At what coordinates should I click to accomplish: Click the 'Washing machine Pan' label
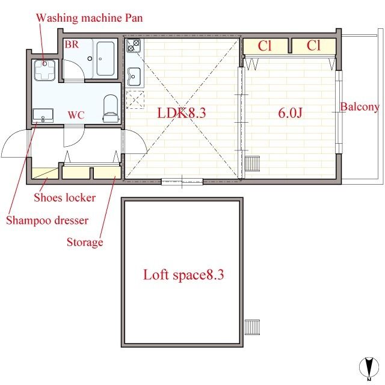click(x=90, y=18)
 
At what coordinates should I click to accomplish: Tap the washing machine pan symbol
click(x=45, y=70)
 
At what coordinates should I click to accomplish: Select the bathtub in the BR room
click(x=105, y=59)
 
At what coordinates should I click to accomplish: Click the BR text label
click(x=72, y=45)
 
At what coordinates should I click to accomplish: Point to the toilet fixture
click(x=111, y=108)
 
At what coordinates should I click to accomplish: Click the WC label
click(x=76, y=115)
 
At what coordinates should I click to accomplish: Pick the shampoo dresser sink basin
click(x=43, y=115)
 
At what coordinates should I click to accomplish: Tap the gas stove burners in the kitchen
click(x=134, y=46)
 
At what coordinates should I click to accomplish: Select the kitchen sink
click(x=134, y=76)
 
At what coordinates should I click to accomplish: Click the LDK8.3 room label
click(x=182, y=113)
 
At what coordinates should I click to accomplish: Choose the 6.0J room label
click(x=290, y=113)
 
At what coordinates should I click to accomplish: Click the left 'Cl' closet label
click(x=265, y=46)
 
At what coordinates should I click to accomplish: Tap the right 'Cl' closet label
click(x=313, y=46)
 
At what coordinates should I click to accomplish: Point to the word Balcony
click(x=360, y=107)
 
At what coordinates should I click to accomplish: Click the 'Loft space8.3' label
click(x=183, y=275)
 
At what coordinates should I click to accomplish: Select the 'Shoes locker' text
click(x=64, y=198)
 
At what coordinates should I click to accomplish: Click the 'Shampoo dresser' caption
click(x=47, y=220)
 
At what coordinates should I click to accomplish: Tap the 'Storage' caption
click(x=85, y=242)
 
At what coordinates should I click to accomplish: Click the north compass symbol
click(x=369, y=368)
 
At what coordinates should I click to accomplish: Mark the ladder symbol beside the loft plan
click(x=252, y=327)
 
